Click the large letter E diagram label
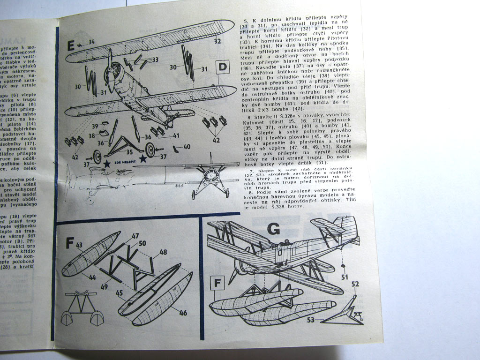pos(71,45)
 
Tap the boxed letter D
pos(223,67)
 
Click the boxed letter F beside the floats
pos(217,283)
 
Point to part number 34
pos(91,42)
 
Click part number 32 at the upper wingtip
pos(217,41)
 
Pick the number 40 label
pos(187,147)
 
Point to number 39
pos(94,127)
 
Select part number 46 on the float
pos(182,313)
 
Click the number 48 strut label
pos(163,252)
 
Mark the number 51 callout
pos(345,277)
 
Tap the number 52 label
pos(355,284)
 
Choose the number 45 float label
pos(120,294)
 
